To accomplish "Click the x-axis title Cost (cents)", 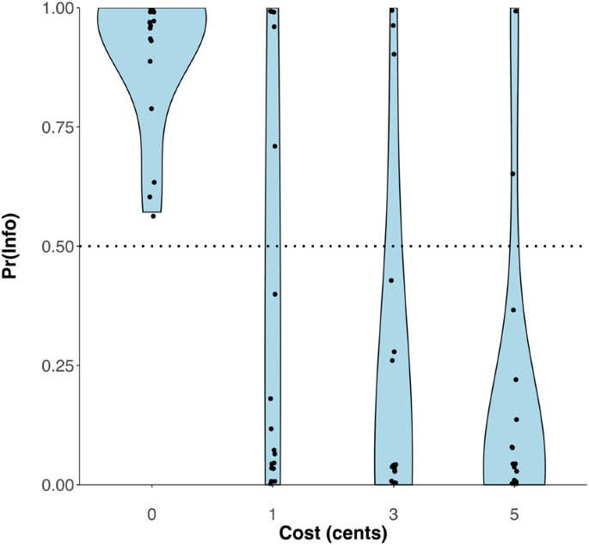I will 333,532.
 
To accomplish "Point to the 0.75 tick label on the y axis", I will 59,127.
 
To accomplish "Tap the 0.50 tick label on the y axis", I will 59,247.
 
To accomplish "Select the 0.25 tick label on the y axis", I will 59,366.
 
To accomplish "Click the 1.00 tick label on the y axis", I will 59,9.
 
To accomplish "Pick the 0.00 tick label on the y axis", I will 59,485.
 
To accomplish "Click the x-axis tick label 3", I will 393,509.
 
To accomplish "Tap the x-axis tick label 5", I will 514,509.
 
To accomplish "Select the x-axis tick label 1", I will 273,509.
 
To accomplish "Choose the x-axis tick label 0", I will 152,509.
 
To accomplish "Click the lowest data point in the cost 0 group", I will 153,216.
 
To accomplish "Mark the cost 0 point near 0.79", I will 152,108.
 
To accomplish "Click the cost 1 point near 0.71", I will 275,146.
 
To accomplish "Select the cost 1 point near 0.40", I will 275,294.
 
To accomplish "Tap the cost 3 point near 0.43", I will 391,280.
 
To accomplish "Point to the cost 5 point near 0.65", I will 512,174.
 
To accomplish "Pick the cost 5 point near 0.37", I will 513,309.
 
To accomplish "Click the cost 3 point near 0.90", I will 394,54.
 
